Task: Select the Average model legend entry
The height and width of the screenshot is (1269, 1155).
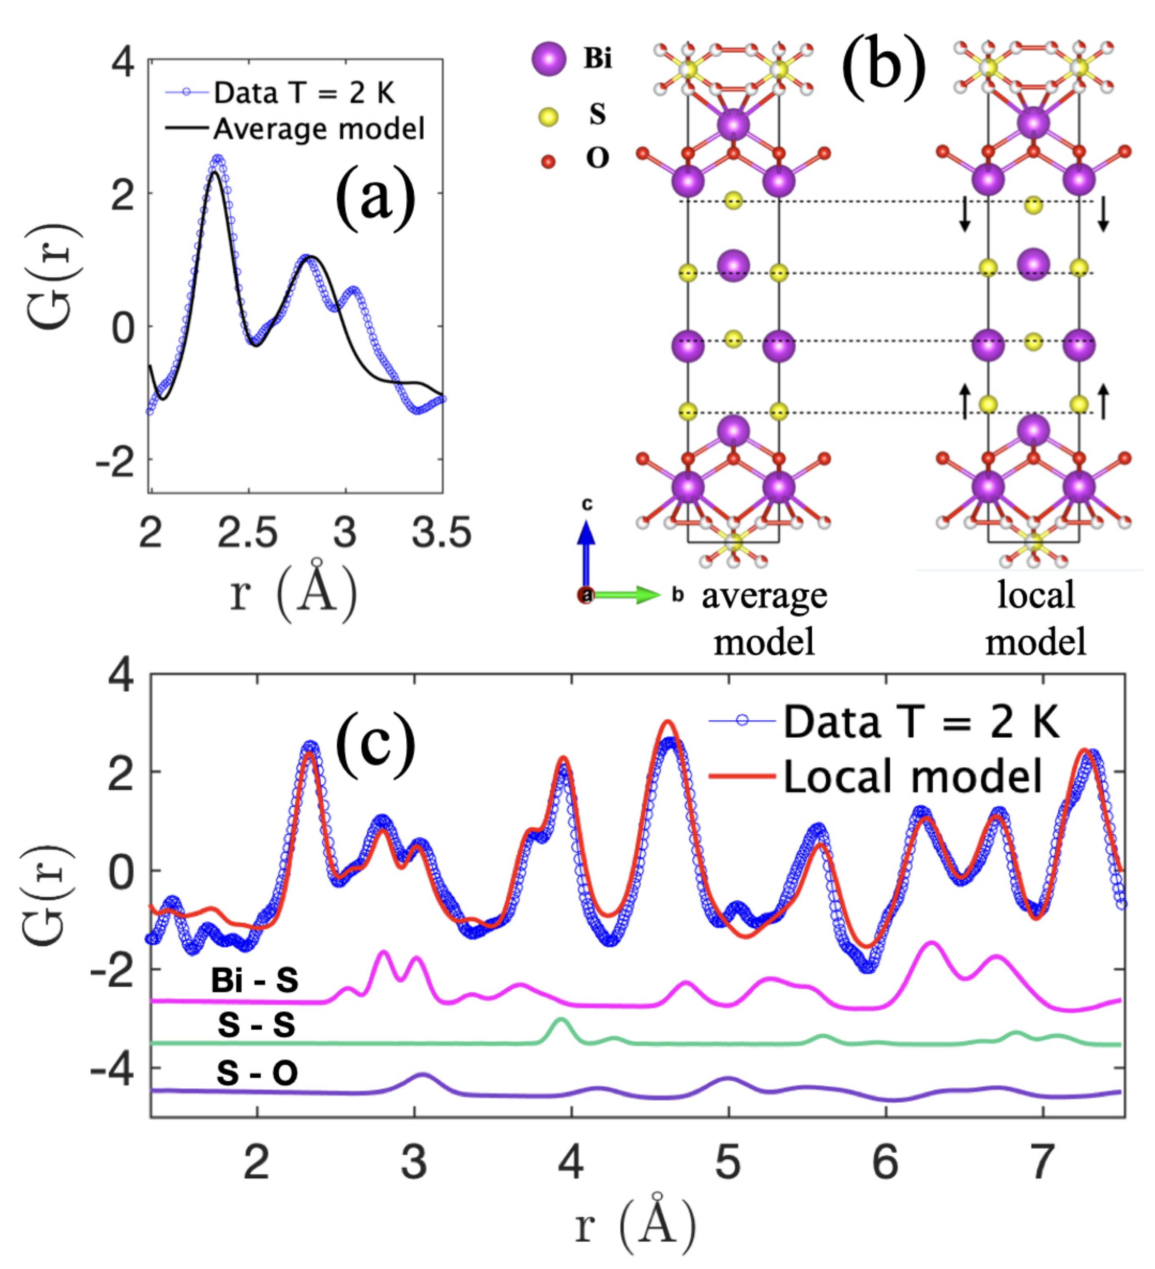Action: pyautogui.click(x=318, y=129)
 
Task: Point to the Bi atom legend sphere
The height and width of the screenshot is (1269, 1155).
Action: pyautogui.click(x=549, y=59)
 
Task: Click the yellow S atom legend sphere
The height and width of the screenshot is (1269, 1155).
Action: pyautogui.click(x=548, y=117)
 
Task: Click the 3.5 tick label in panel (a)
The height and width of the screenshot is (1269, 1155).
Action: pyautogui.click(x=441, y=533)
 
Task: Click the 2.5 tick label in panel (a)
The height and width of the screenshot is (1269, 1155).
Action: pyautogui.click(x=247, y=533)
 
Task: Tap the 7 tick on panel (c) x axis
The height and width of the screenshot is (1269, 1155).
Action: pyautogui.click(x=1042, y=1161)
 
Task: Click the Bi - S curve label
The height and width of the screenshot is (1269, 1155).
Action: pyautogui.click(x=254, y=980)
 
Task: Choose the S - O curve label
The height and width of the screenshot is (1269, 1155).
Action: pyautogui.click(x=257, y=1072)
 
